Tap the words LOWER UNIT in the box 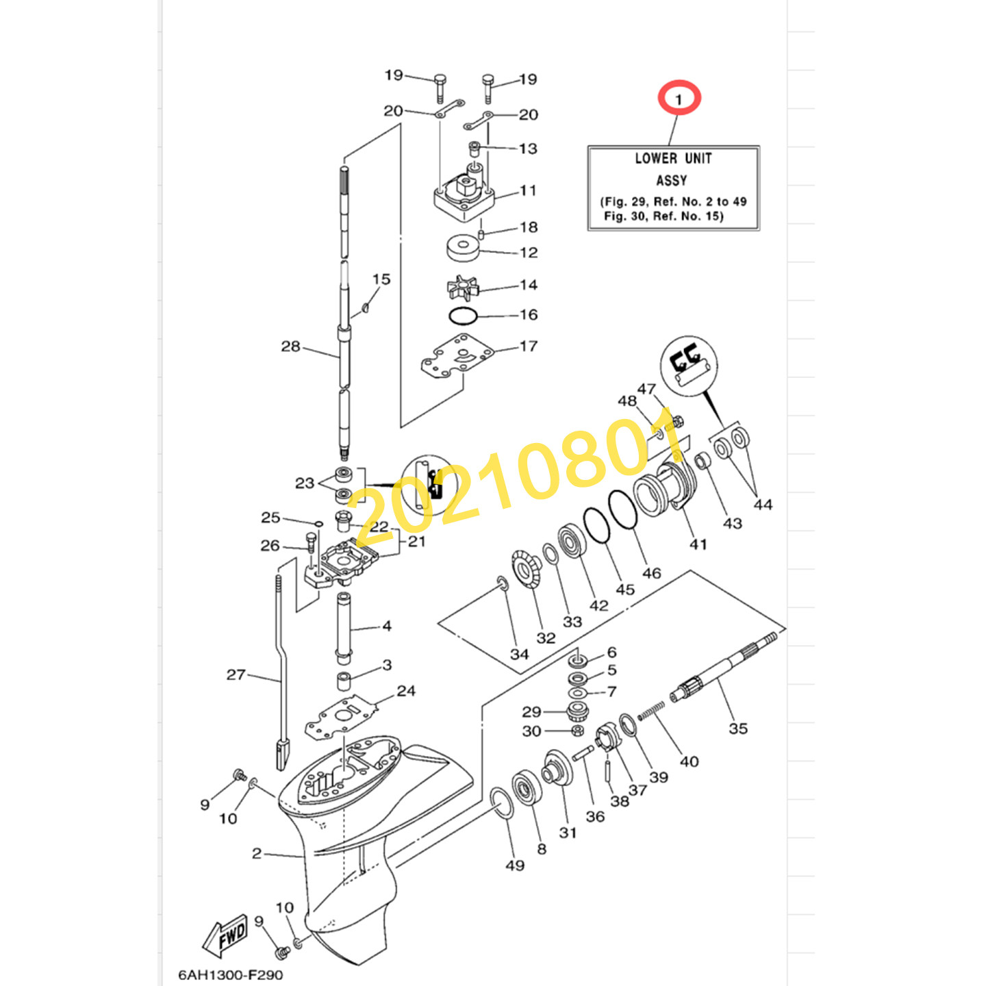[x=673, y=159]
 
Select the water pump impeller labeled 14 [x=463, y=288]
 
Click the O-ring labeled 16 [x=463, y=316]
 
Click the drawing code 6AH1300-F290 [x=230, y=975]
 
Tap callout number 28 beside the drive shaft [x=290, y=346]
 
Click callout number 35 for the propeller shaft [x=738, y=728]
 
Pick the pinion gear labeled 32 [x=526, y=570]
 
